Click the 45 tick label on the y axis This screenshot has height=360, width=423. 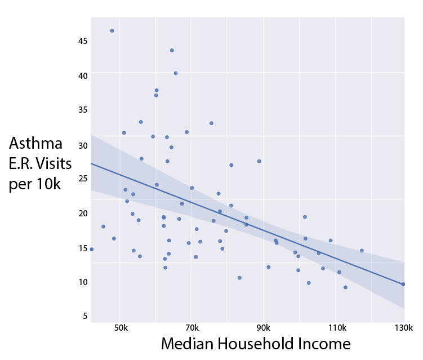point(82,41)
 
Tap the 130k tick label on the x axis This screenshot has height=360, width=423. point(404,328)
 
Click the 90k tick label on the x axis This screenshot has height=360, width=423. point(264,328)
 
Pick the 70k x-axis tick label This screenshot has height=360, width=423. point(192,328)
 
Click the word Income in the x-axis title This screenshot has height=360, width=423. point(326,344)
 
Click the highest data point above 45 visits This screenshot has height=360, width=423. point(112,30)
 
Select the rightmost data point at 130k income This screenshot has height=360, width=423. point(403,284)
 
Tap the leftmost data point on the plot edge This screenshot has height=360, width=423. point(91,249)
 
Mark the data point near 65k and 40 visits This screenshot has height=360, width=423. point(176,73)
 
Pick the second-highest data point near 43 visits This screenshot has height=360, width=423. point(172,50)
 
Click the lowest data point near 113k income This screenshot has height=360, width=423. point(345,287)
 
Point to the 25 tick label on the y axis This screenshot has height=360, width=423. point(82,179)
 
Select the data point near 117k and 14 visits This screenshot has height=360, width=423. point(362,251)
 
